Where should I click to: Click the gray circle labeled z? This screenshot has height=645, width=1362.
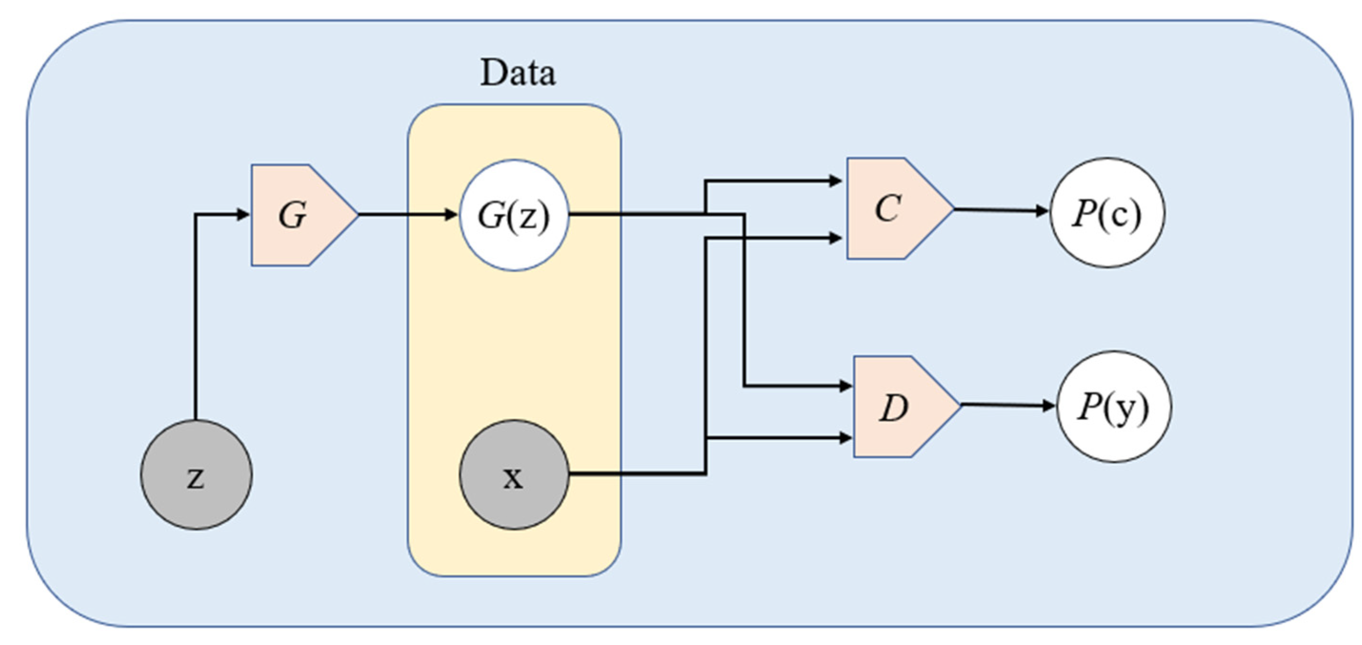tap(196, 475)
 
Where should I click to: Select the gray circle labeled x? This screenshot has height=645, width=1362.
tap(514, 475)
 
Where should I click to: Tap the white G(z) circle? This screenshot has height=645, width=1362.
tap(514, 215)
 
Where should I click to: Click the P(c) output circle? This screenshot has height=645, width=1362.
tap(1107, 213)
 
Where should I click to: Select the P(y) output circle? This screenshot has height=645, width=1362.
tap(1113, 406)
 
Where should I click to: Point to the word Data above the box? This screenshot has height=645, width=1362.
tap(518, 73)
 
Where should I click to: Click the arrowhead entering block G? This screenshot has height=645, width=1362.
tap(244, 215)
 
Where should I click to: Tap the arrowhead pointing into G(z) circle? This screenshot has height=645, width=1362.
tap(452, 215)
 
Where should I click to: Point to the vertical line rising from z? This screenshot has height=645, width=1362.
tap(195, 317)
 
